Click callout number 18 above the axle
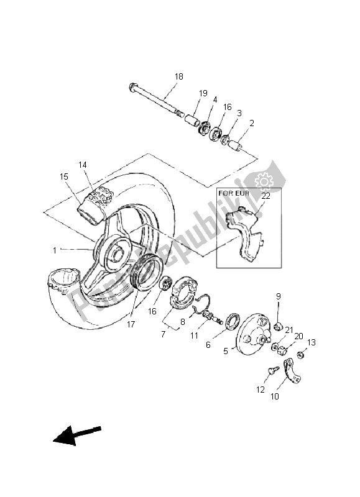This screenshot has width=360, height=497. tap(179, 76)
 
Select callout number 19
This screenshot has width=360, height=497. tap(203, 93)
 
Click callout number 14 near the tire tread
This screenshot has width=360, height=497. tap(83, 165)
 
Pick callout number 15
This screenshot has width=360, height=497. tap(64, 177)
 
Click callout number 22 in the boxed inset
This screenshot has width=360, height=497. tap(265, 196)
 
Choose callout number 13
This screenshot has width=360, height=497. tap(312, 342)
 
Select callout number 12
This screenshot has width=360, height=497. tap(260, 390)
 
